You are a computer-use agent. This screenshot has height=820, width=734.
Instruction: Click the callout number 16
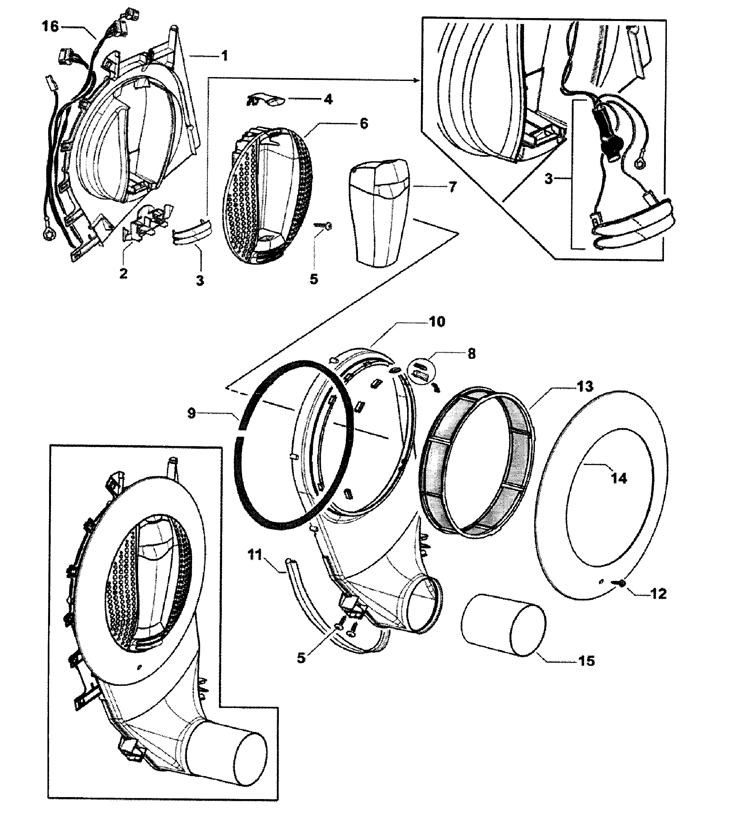(50, 26)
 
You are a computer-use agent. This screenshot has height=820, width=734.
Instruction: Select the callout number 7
(453, 187)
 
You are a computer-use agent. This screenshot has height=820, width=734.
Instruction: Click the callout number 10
(437, 321)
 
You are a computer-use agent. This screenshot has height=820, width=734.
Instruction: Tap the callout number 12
(658, 594)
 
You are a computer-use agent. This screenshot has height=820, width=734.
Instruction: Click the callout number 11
(255, 555)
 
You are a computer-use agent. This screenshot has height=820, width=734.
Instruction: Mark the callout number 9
(191, 413)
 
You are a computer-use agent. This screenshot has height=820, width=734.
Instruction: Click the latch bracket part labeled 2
(147, 224)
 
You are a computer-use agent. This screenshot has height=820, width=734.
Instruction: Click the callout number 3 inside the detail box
(548, 179)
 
